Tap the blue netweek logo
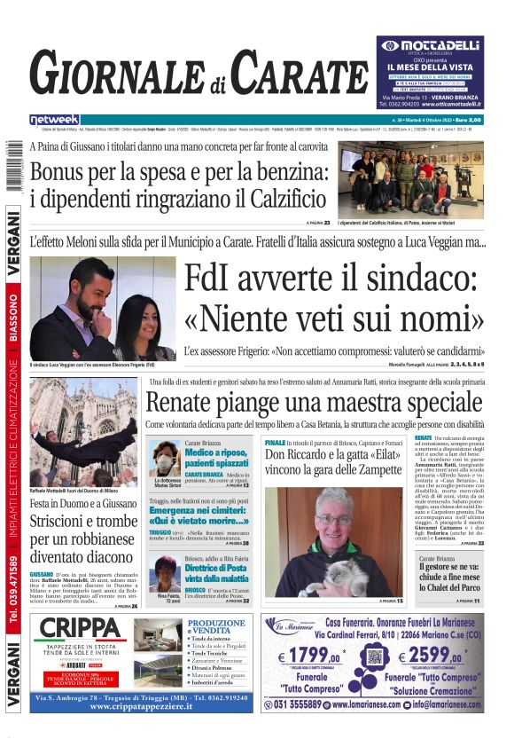coord(54,120)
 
